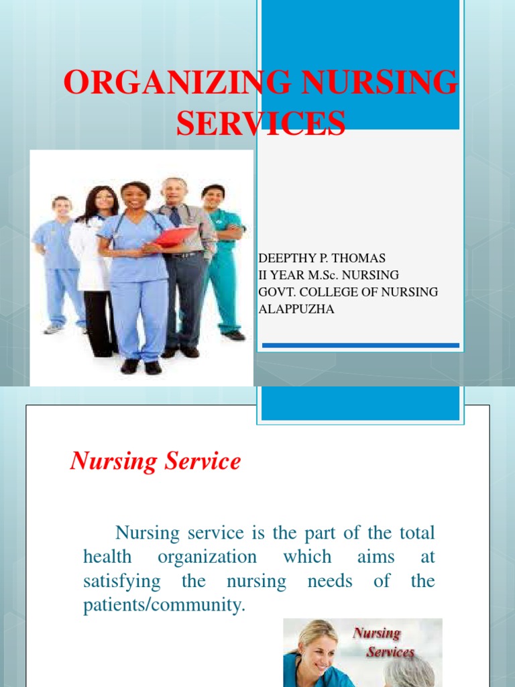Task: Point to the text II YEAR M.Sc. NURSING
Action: point(329,275)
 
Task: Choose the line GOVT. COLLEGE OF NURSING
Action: point(348,292)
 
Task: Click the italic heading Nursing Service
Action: point(155,462)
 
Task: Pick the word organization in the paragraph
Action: point(207,557)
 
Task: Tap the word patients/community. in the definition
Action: point(165,604)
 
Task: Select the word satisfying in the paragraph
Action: point(122,580)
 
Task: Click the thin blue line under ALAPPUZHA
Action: point(360,346)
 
